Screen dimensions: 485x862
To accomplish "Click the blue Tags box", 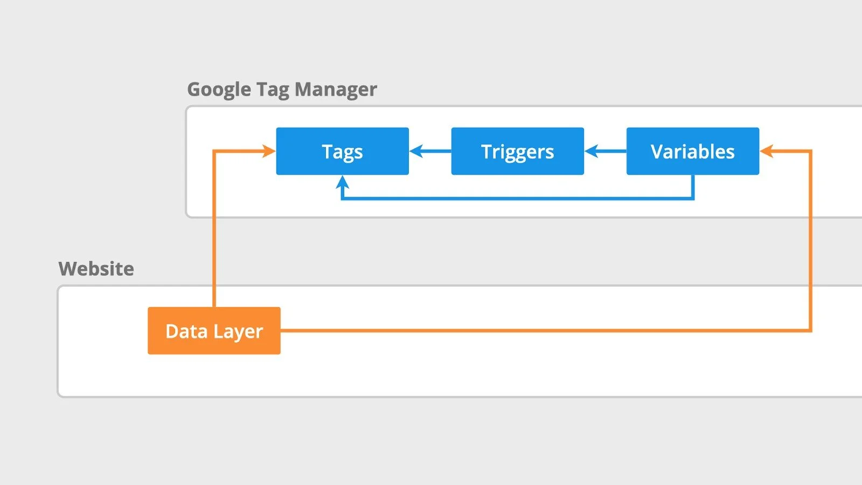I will coord(342,151).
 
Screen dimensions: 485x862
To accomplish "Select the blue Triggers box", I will coord(517,151).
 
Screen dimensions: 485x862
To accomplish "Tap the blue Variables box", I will coord(692,151).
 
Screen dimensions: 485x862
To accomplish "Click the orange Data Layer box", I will coord(214,330).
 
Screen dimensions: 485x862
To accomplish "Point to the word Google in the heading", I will coord(219,89).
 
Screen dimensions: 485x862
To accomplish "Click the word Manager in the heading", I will coord(336,89).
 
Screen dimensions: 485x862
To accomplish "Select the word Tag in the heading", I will coord(273,89).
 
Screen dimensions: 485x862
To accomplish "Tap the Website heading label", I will coord(96,268).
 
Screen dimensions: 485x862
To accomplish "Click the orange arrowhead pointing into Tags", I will coord(269,151).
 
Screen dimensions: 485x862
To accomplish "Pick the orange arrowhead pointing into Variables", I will coord(766,151).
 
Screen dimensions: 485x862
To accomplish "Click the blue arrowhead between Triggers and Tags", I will coord(416,151).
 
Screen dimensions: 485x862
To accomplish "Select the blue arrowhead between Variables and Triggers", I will coord(591,151).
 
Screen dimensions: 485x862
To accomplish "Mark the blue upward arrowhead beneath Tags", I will coord(342,182).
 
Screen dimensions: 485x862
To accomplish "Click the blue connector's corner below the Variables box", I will coord(693,198).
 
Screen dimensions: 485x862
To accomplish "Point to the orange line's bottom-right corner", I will coord(810,330).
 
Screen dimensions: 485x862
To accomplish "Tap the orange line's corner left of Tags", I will coord(214,151).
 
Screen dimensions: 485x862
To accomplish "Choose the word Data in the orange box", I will coord(186,331).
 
